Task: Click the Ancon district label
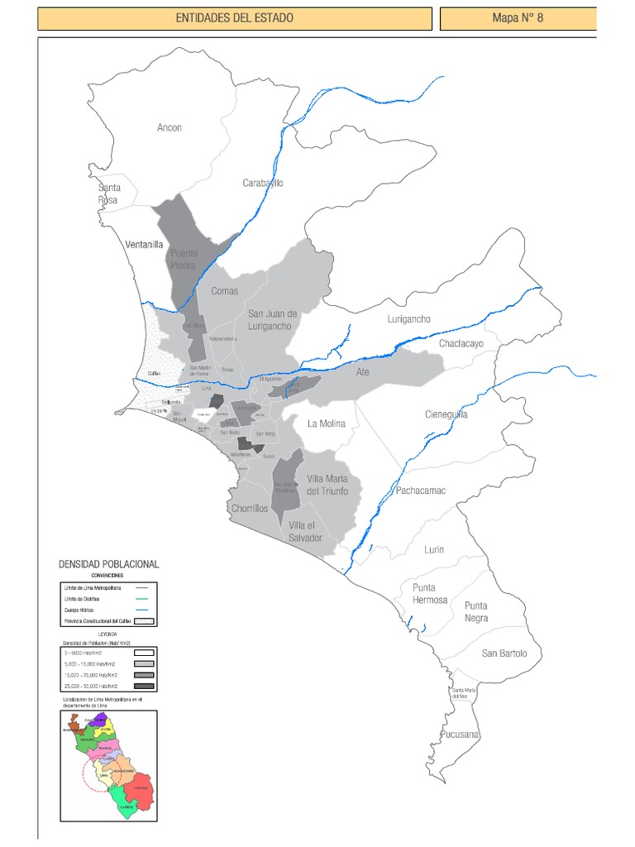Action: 169,127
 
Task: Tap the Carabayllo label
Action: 263,183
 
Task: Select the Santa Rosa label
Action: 107,194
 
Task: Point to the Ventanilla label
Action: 144,245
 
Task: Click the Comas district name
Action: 224,290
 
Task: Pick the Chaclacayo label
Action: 461,342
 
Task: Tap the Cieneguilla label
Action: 446,414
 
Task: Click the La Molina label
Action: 326,423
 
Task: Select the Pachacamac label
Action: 421,490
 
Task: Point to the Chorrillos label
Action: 250,509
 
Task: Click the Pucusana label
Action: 461,735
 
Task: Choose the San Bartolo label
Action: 504,653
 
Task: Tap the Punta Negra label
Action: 475,611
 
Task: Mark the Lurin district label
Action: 434,549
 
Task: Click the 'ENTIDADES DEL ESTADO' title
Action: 234,18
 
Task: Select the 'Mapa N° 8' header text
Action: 518,18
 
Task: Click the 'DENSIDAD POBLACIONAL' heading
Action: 108,564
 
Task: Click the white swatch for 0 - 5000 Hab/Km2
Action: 144,652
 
